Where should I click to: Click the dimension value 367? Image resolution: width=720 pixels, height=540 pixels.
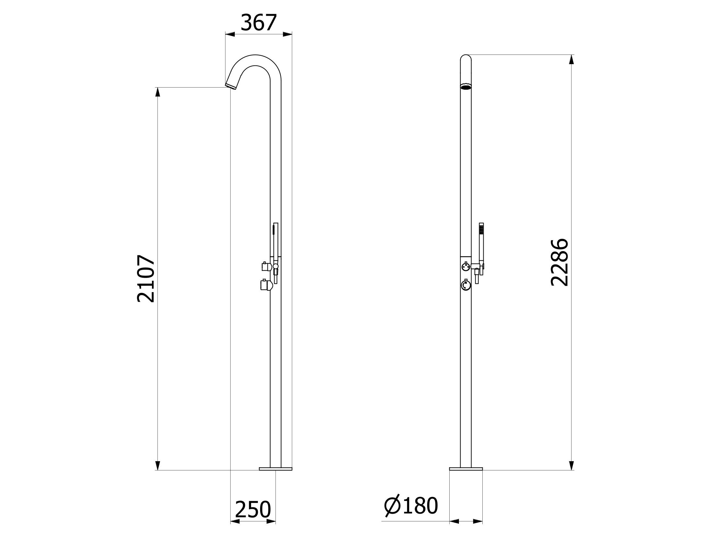point(259,23)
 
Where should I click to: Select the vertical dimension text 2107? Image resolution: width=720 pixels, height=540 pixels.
point(146,279)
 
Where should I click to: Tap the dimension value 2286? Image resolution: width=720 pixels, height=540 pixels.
point(559,263)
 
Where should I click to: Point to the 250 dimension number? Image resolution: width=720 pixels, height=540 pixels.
point(253,510)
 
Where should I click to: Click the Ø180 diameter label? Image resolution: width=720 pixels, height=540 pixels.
point(411,506)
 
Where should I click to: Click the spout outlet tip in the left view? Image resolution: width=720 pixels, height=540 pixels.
point(231,86)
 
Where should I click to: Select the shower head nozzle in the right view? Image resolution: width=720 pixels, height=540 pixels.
point(466,86)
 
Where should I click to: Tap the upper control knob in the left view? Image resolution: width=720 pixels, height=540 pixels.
point(266,266)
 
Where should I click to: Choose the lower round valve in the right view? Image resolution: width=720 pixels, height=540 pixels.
point(466,285)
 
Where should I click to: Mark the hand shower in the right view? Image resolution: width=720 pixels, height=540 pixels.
point(481,241)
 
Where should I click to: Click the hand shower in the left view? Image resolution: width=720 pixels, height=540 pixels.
point(275,241)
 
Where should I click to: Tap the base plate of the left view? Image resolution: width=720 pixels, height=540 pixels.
point(275,469)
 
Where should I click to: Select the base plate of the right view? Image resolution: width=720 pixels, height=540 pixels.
point(466,469)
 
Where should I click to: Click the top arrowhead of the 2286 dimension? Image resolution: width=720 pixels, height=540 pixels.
point(571,60)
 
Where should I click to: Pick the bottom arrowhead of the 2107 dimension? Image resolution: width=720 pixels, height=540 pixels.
point(157,465)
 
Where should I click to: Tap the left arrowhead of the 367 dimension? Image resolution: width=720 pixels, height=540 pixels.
point(230,34)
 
